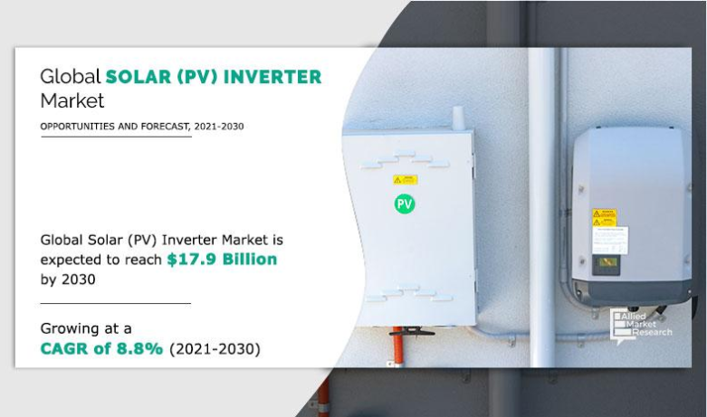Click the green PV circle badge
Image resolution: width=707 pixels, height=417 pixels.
coord(405,204)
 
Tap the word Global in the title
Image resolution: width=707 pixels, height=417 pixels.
coord(70,76)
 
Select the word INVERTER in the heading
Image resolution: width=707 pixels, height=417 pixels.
coord(276,76)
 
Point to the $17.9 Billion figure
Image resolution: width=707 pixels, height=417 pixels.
coord(221,260)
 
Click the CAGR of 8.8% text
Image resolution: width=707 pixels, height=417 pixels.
coord(101,348)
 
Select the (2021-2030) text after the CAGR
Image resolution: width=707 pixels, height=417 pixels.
coord(215,348)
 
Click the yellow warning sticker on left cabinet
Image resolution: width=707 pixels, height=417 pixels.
coord(405,179)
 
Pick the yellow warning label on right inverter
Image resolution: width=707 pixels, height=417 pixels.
coord(603,217)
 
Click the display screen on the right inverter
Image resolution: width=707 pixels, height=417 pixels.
coord(604,264)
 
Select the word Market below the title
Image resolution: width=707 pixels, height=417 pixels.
coord(72,100)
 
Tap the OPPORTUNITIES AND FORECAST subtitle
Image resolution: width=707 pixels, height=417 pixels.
coord(142,127)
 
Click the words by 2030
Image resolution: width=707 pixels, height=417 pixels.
coord(68,280)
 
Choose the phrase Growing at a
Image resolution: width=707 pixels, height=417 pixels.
coord(86,327)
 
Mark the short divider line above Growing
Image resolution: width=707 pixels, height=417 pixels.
coord(115,303)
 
